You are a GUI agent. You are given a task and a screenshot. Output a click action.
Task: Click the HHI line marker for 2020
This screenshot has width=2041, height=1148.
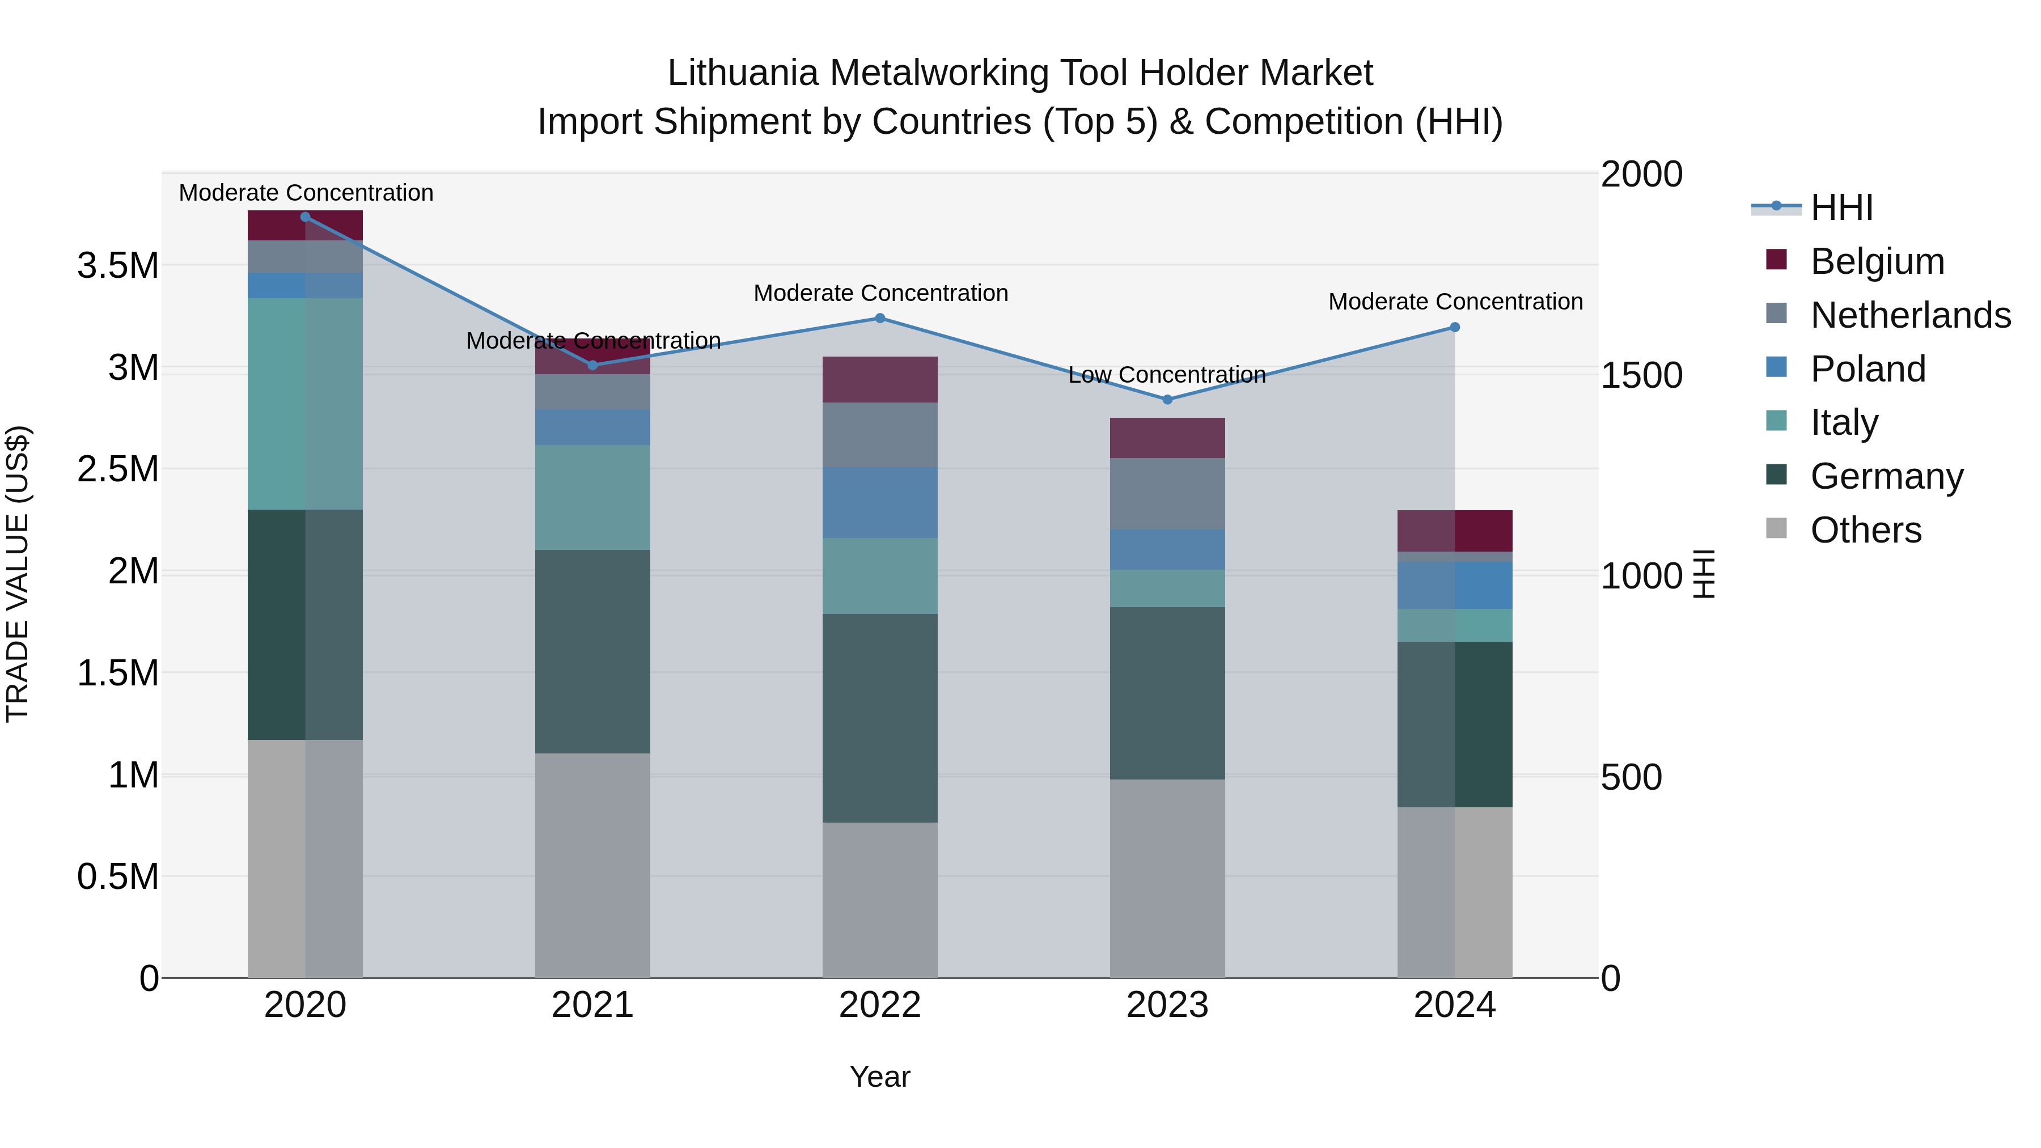(305, 217)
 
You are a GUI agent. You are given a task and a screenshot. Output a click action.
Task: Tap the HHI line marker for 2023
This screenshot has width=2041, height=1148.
(1167, 399)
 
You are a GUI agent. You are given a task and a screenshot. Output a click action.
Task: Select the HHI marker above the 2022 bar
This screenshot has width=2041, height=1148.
(879, 319)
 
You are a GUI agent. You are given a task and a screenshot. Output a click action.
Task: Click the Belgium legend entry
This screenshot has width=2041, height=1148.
(1877, 261)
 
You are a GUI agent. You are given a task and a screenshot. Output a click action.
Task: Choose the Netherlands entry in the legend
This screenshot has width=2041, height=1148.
(1910, 315)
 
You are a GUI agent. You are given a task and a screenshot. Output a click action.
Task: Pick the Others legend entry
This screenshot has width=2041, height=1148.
(1866, 530)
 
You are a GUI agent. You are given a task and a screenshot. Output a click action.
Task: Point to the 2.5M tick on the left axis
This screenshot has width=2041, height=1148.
(118, 469)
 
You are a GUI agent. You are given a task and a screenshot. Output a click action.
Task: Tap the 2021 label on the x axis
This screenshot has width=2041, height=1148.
(592, 1005)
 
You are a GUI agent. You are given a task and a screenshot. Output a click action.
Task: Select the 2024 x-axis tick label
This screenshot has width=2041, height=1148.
(1455, 1005)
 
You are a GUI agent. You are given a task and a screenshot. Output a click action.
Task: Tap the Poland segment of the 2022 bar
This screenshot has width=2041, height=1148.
(879, 502)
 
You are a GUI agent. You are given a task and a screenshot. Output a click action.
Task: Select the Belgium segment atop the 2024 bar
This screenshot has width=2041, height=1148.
(1455, 531)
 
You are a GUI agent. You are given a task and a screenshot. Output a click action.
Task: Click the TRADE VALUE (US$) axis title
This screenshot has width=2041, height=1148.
(18, 574)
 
